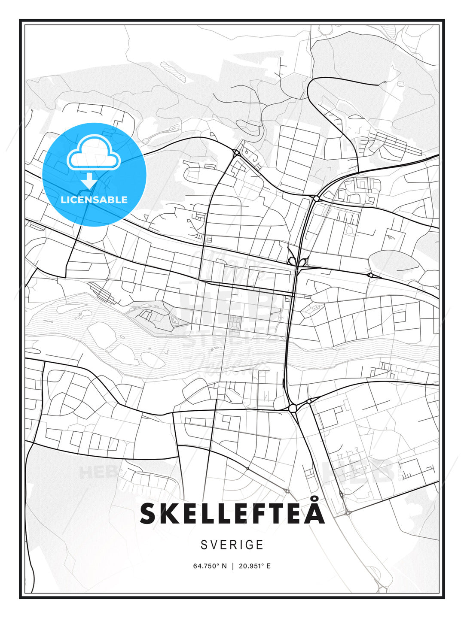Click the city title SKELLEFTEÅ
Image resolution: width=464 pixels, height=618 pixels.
pos(232,513)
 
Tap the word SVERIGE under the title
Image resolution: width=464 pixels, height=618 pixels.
pos(232,545)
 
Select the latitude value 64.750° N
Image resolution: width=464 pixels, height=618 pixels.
pos(210,566)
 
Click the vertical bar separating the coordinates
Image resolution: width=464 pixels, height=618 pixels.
pos(232,566)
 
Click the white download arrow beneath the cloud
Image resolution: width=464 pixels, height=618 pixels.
pos(89,181)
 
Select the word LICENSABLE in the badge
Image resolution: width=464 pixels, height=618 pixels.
pos(94,200)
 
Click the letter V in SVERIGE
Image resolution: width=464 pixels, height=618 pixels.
pos(215,545)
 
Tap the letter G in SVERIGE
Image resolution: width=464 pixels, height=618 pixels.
pos(250,545)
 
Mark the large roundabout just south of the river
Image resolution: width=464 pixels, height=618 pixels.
pos(293,408)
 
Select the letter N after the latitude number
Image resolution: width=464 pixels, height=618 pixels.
pos(223,566)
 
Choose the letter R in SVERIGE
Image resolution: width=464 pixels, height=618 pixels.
pos(234,545)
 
